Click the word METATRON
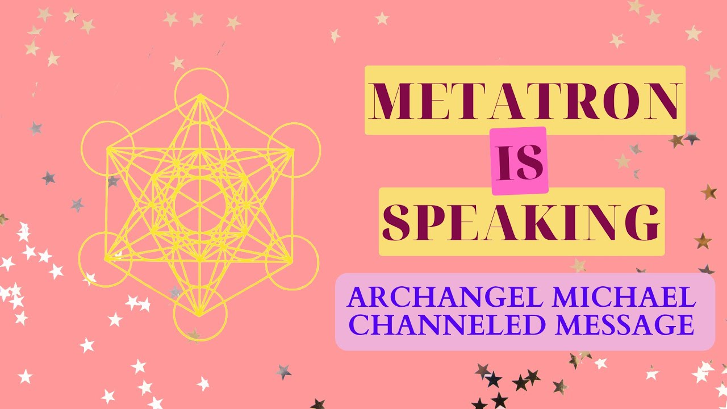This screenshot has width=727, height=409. (x=525, y=101)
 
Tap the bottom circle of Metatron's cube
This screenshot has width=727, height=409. (x=200, y=314)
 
